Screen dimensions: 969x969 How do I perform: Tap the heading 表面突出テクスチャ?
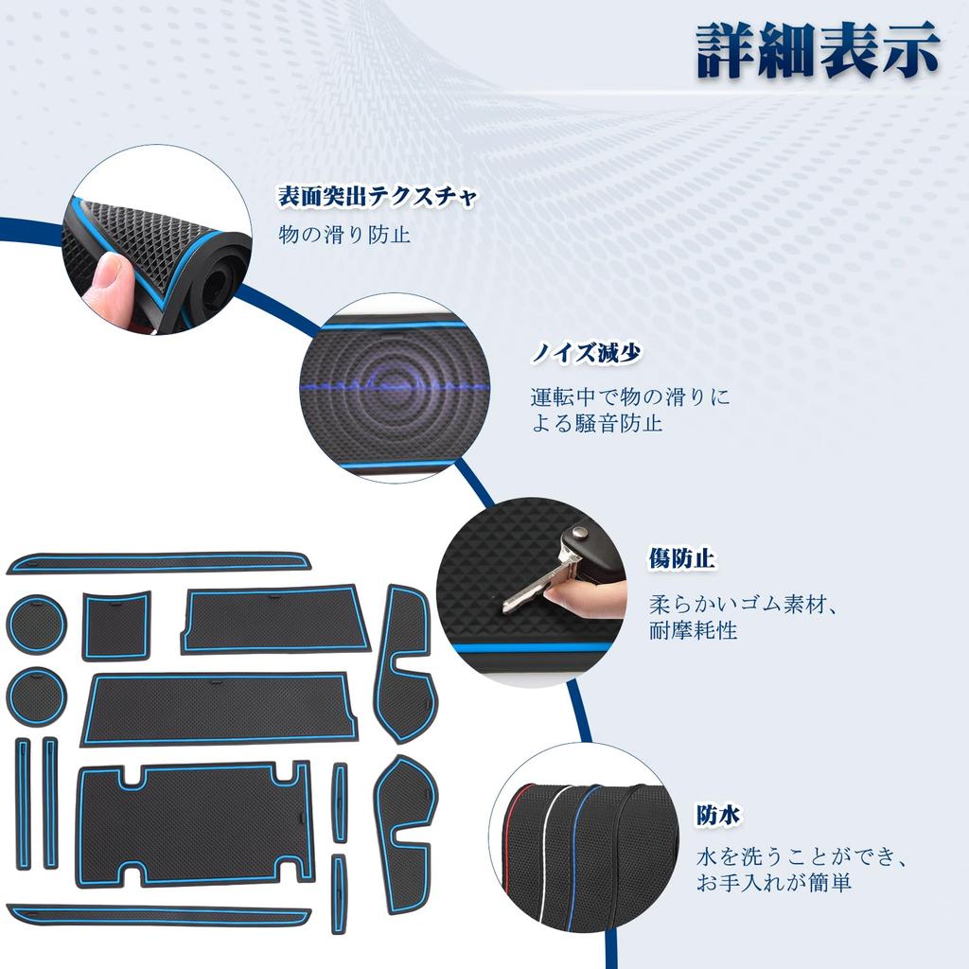[x=377, y=197]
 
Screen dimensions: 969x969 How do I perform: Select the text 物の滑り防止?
[x=344, y=234]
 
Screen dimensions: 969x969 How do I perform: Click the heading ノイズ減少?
[x=586, y=354]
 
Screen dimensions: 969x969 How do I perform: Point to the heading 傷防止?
[x=681, y=559]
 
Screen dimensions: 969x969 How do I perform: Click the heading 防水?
[x=718, y=814]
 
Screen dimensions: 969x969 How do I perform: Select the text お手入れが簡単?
[x=774, y=883]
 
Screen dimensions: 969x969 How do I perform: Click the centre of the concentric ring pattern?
[x=395, y=385]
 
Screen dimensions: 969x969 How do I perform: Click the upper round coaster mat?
[x=36, y=625]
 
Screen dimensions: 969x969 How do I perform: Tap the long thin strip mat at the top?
[x=159, y=563]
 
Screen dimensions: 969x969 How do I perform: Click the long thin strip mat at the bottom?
[x=159, y=915]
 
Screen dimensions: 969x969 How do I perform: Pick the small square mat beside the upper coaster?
[x=115, y=625]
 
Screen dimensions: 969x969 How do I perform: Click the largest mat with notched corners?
[x=195, y=823]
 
